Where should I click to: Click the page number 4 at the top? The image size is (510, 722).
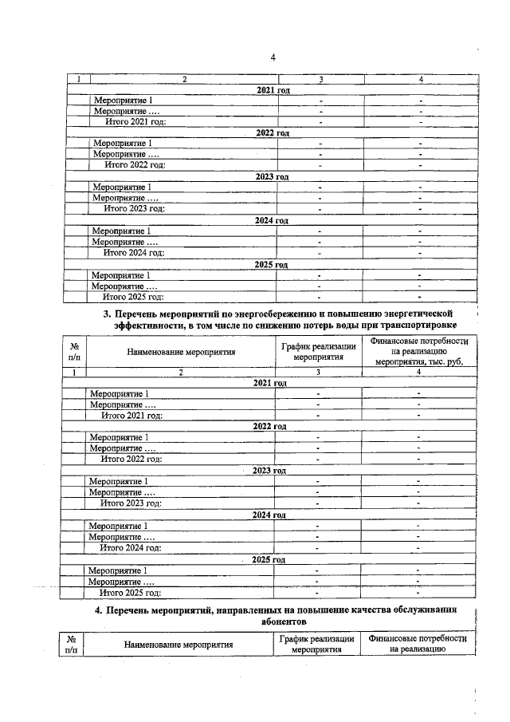pos(273,57)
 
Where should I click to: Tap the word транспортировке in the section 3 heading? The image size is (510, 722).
pos(420,326)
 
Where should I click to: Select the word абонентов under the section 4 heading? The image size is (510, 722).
pos(283,621)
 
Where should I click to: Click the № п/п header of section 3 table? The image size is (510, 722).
pos(74,352)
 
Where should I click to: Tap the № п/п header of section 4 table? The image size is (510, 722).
pos(73,644)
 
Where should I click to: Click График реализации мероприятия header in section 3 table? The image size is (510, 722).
pos(317,352)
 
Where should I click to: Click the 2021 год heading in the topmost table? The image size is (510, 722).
pos(273,90)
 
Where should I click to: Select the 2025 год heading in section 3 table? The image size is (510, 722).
pos(269,560)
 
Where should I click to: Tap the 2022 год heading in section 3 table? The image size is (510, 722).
pos(269,427)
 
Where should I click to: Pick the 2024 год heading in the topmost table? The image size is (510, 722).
pos(271,220)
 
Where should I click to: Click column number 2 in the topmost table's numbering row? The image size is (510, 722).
pos(185,79)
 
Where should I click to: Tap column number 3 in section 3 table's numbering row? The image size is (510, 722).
pos(317,373)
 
